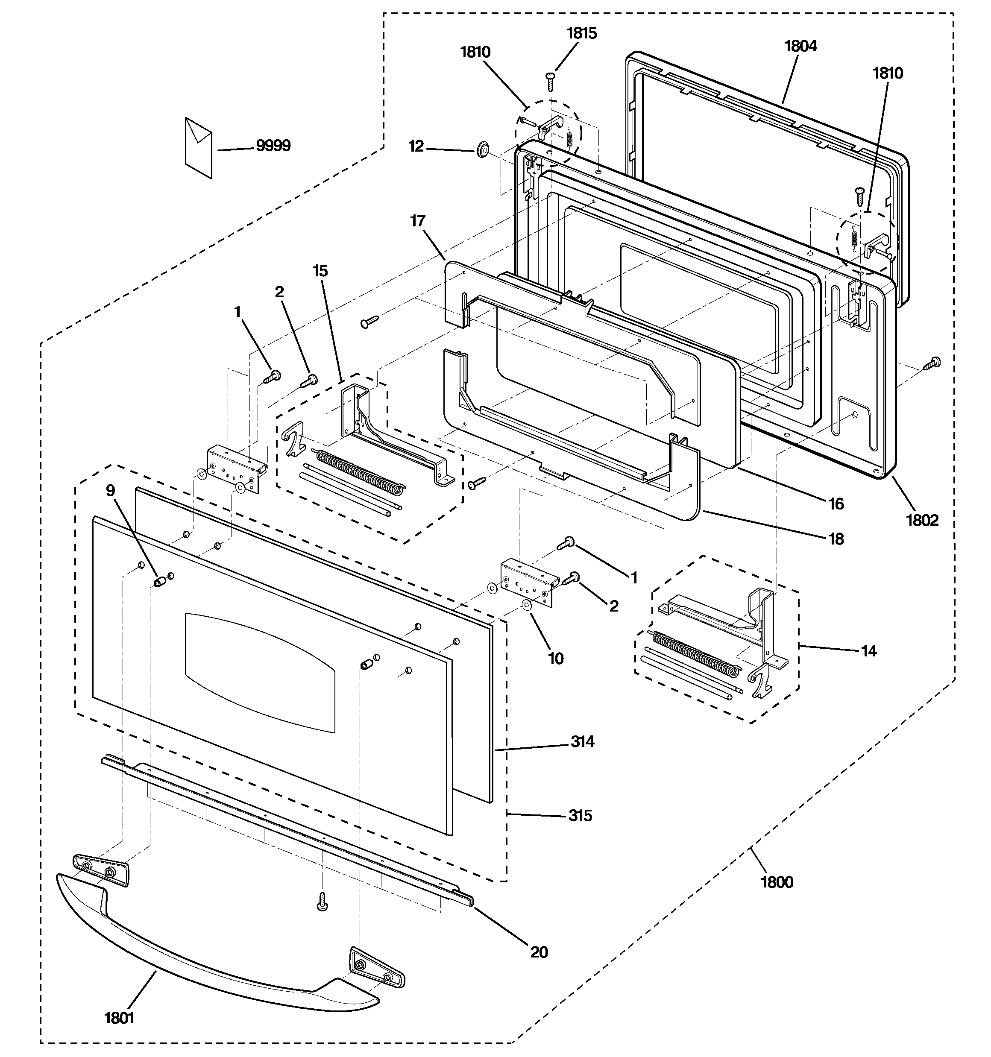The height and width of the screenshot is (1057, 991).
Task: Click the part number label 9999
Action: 273,146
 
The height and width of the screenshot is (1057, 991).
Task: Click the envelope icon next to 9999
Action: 198,147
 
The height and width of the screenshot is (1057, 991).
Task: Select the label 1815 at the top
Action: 581,33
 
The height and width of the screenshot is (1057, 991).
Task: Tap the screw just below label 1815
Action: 550,82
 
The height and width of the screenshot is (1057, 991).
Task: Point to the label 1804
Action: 800,46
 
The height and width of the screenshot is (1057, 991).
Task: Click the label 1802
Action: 922,520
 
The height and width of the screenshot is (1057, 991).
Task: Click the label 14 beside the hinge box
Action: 869,651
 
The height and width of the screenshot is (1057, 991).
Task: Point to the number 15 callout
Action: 320,271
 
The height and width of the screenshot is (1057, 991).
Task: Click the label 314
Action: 583,741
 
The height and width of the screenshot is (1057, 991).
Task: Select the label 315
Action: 580,816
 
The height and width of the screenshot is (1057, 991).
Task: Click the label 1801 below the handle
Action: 119,1018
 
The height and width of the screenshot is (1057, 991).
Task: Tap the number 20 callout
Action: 539,952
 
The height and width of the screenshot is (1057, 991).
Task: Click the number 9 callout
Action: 110,490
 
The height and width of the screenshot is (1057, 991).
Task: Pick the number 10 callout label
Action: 555,659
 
